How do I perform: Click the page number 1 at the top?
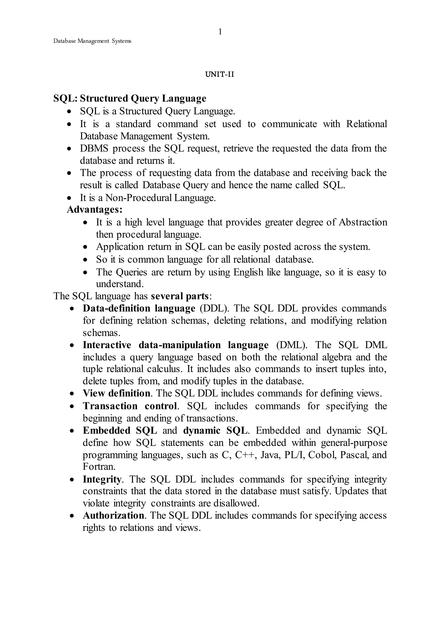click(x=220, y=32)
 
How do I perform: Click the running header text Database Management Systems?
click(x=92, y=41)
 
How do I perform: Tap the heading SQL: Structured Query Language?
click(x=130, y=98)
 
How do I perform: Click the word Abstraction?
click(x=363, y=222)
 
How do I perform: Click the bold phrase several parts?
click(x=180, y=296)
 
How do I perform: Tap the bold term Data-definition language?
click(x=139, y=308)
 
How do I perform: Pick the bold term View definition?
click(x=116, y=393)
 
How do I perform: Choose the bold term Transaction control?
click(x=130, y=406)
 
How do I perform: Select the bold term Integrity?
click(x=102, y=480)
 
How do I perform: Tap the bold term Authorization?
click(x=113, y=515)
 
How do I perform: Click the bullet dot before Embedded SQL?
click(x=72, y=431)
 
